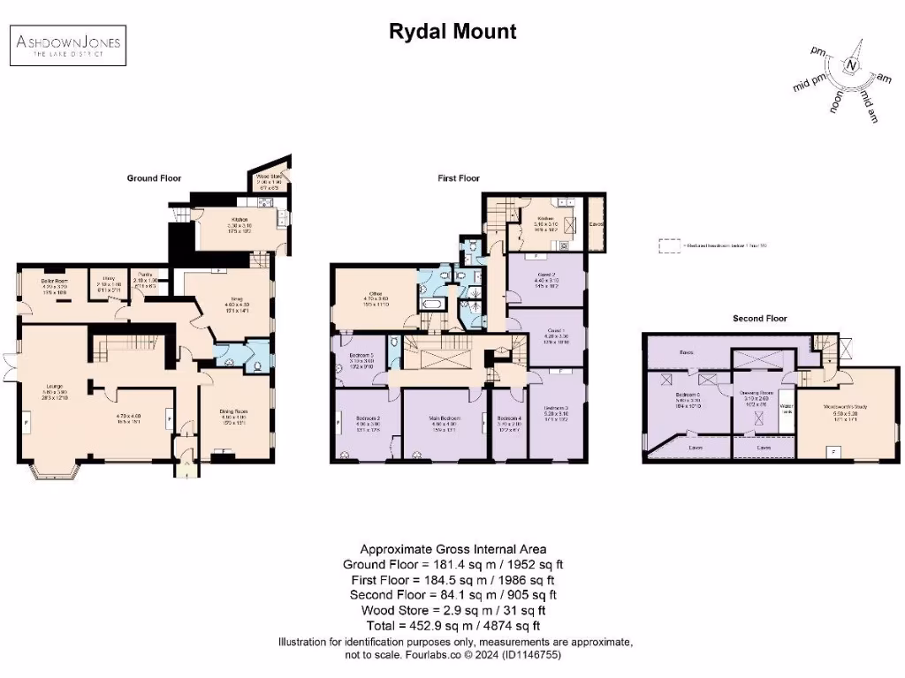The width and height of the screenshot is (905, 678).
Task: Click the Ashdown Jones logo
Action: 67,43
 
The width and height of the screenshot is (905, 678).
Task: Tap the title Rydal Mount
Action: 452,33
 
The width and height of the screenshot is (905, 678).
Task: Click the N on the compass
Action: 851,65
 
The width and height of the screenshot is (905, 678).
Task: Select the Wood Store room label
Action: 268,177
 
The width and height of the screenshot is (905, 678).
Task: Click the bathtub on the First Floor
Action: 432,305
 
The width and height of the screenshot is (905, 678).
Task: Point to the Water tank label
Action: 786,409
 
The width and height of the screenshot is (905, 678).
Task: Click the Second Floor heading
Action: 760,318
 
